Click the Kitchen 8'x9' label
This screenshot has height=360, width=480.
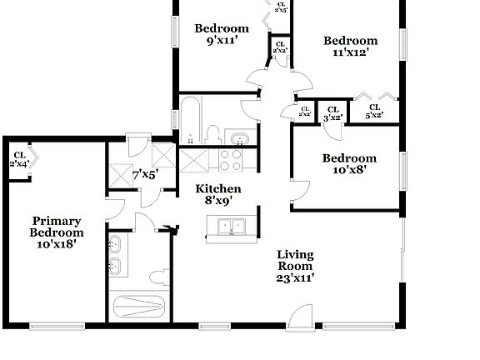tap(218, 194)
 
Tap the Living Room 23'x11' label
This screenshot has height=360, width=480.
tap(295, 266)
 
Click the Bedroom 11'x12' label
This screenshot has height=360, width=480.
tap(350, 46)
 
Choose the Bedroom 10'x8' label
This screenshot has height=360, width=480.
tap(349, 163)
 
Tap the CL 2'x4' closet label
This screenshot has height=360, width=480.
tap(19, 158)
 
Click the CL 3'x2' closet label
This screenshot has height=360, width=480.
tap(332, 113)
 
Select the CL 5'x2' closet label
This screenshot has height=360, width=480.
tap(375, 112)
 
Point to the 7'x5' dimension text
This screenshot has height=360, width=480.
tap(147, 175)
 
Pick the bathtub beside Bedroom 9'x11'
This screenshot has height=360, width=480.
tap(189, 120)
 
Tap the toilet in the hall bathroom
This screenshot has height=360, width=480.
tap(213, 135)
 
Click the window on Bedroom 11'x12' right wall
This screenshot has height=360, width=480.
tap(403, 41)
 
